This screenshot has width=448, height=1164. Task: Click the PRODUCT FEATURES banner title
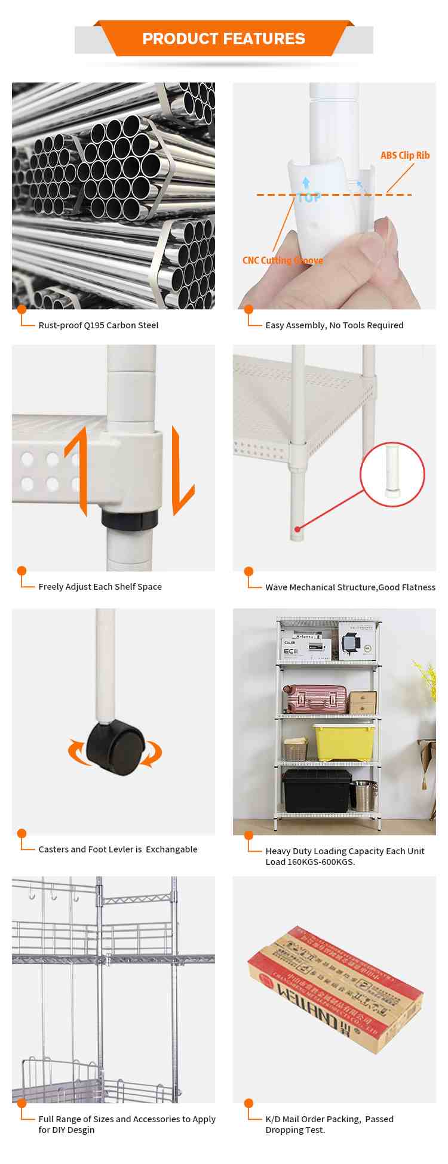click(x=223, y=39)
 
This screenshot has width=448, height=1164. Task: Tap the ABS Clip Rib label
click(x=405, y=155)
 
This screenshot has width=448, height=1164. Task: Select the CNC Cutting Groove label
click(x=283, y=260)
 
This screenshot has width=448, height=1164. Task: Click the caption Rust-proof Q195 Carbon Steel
click(x=99, y=325)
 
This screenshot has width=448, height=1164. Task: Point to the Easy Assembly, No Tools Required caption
click(x=335, y=325)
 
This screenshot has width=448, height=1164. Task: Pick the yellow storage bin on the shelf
click(x=345, y=742)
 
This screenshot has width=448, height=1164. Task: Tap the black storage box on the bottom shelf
click(x=317, y=790)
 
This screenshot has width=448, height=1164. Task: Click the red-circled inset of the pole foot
click(x=392, y=475)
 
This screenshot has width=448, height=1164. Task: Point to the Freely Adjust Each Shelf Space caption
click(x=100, y=587)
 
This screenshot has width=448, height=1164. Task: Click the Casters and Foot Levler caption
click(x=118, y=849)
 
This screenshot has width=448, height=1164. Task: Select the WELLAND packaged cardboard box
click(x=335, y=989)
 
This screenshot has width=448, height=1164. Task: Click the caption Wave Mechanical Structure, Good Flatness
click(x=350, y=587)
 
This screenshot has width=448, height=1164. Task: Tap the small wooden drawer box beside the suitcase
click(x=363, y=703)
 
